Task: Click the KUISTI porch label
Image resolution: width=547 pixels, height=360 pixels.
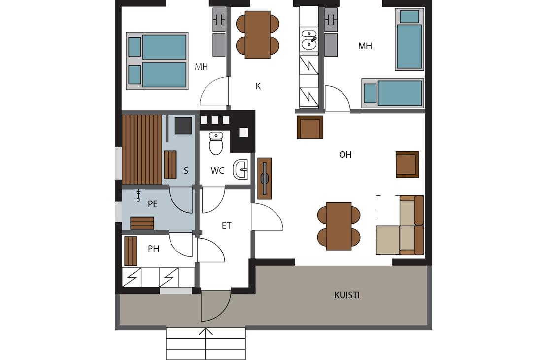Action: click(347, 295)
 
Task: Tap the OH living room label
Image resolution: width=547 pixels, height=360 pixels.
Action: click(345, 155)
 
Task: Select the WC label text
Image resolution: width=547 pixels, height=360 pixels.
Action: click(217, 171)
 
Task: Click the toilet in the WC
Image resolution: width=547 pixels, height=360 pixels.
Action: click(216, 143)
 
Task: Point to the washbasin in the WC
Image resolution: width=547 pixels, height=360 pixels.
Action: click(240, 170)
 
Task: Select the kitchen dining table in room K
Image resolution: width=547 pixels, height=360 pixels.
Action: click(257, 35)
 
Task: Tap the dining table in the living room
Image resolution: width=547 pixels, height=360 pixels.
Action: click(339, 226)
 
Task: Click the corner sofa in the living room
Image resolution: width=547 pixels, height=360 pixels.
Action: click(400, 225)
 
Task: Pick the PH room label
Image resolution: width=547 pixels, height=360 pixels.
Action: click(153, 249)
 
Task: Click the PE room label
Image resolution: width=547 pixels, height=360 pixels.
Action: click(153, 204)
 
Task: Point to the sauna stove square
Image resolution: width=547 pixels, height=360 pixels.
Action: click(183, 125)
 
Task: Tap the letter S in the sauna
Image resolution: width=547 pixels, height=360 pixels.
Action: click(186, 171)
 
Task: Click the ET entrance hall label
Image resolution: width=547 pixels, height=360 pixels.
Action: click(226, 225)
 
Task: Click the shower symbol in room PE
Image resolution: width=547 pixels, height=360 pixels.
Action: click(138, 196)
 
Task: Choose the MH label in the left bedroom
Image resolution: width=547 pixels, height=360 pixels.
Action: click(201, 67)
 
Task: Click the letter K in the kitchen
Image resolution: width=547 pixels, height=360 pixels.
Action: click(258, 86)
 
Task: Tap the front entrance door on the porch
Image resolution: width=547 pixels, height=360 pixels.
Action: click(215, 307)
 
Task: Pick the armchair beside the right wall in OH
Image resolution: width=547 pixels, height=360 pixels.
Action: click(407, 164)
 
